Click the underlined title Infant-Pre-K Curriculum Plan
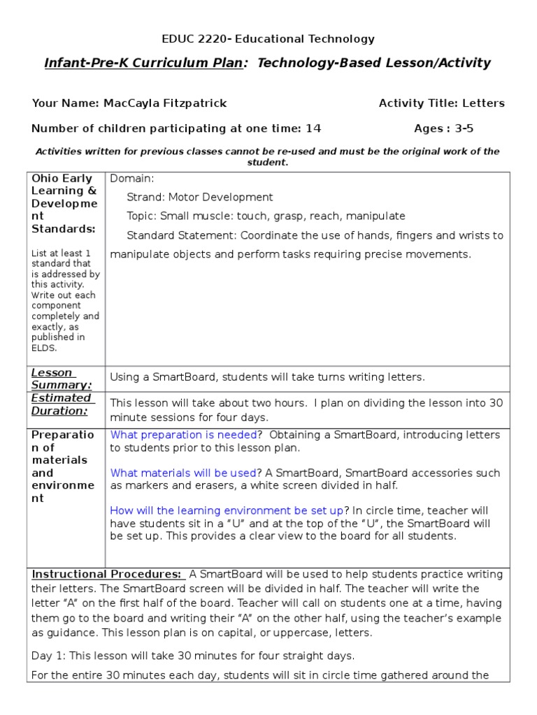(x=144, y=64)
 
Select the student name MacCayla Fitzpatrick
(x=165, y=103)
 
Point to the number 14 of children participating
(x=313, y=128)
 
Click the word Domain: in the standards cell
(x=132, y=179)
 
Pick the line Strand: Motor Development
(x=200, y=198)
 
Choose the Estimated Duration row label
(x=62, y=404)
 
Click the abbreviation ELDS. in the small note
(x=44, y=348)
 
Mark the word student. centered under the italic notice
(x=268, y=162)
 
